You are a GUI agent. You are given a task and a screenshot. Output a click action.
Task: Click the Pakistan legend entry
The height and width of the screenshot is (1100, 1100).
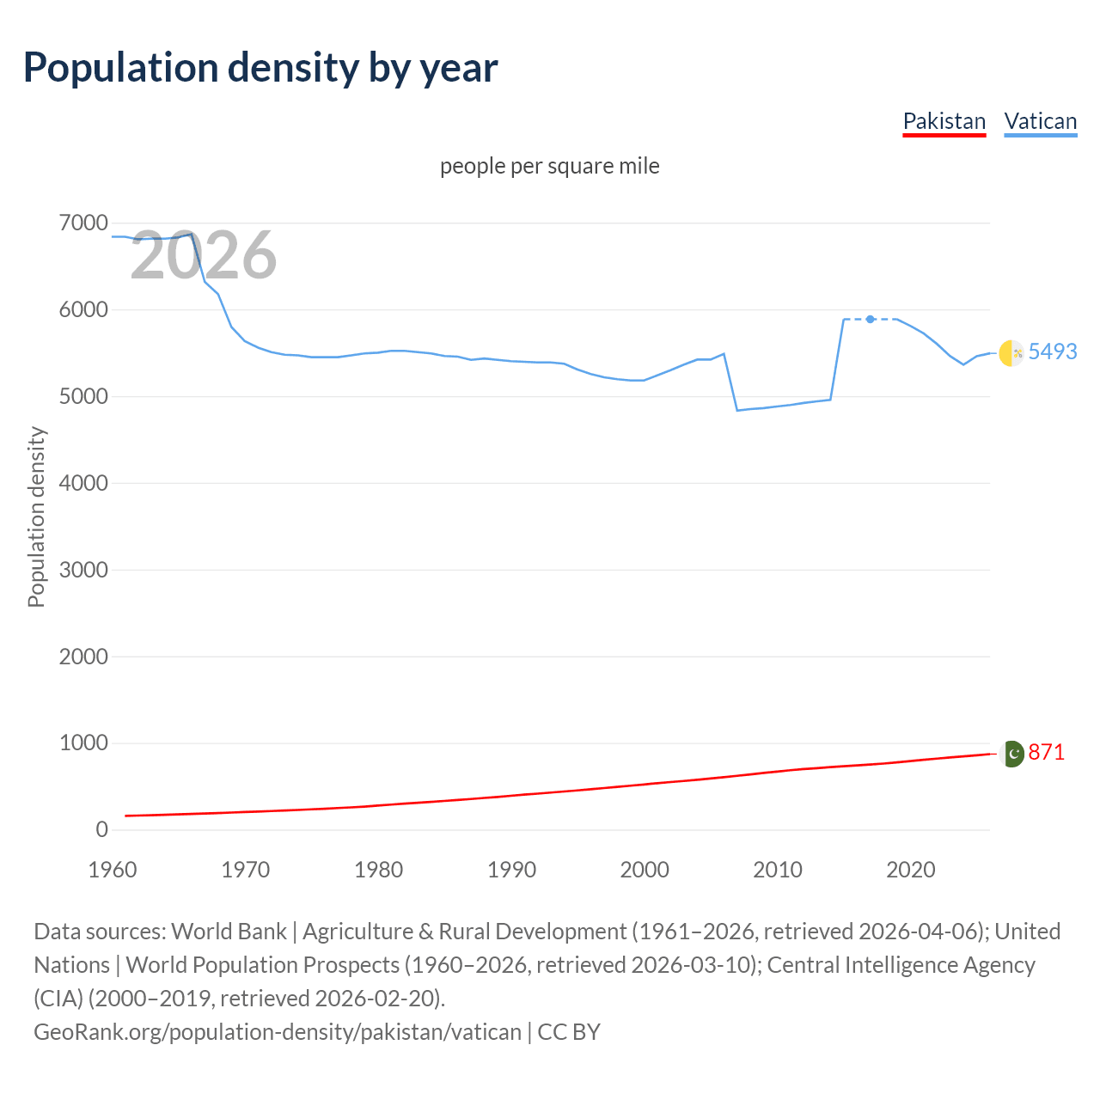coord(944,121)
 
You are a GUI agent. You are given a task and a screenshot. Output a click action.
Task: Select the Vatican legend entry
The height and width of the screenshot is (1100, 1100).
coord(1040,121)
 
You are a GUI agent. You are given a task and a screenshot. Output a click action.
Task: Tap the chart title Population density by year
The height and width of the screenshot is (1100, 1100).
coord(260,68)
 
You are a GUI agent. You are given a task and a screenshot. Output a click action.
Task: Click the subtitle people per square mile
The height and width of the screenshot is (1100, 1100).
coord(549,166)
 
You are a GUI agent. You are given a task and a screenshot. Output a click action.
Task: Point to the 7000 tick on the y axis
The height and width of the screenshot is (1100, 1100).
coord(83,223)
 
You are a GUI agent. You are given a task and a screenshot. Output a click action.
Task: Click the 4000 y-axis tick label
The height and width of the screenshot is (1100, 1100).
coord(83,483)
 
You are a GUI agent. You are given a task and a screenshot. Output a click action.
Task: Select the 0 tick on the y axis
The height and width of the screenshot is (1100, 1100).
coord(101,829)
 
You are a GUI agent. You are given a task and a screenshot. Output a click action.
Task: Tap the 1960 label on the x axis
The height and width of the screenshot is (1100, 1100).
coord(113,870)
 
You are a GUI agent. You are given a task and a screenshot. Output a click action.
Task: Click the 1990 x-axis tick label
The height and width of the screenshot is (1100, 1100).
coord(511,870)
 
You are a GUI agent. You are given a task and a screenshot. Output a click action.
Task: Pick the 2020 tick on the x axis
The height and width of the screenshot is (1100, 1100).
coord(910,870)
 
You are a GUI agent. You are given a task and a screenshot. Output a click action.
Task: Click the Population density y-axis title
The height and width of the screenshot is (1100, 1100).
coord(36,517)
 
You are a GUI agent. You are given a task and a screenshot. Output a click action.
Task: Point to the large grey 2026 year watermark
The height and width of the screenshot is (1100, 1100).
coord(204,255)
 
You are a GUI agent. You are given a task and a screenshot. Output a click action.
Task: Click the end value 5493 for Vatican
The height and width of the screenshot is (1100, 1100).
coord(1052,351)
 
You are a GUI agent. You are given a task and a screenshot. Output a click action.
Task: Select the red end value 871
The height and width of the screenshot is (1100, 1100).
coord(1046,752)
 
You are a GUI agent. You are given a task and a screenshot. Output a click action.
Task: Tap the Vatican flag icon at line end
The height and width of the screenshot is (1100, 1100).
coord(1011,352)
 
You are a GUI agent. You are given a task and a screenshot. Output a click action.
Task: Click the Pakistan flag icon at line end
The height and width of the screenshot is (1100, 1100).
coord(1011,754)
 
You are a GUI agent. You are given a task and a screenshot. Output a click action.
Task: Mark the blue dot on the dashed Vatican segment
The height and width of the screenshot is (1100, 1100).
coord(871,319)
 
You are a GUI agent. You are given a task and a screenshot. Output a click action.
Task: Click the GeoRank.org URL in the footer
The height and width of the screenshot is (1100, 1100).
coord(278,1032)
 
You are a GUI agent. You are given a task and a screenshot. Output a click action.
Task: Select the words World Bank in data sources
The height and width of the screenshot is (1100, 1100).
coord(229,932)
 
